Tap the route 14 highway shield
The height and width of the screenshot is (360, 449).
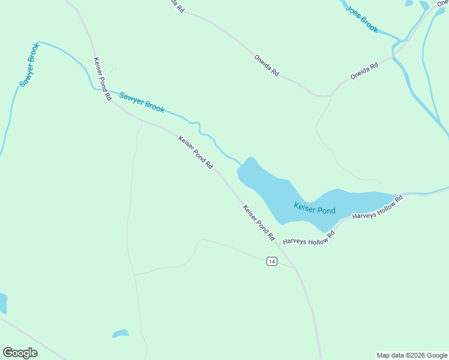tap(272, 262)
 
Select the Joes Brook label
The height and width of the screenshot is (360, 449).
tap(362, 20)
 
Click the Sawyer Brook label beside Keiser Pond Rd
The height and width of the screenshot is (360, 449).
tap(142, 102)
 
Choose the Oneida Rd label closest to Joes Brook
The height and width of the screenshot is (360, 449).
tap(364, 72)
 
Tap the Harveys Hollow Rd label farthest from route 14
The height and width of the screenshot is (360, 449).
tap(377, 207)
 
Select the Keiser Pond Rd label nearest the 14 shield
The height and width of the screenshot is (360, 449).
tap(259, 223)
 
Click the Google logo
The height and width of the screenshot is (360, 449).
tap(20, 353)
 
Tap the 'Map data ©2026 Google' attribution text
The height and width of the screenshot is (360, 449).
tap(412, 355)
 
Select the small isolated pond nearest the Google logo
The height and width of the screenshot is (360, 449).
tap(120, 333)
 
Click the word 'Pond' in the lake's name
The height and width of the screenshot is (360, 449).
tap(326, 211)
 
